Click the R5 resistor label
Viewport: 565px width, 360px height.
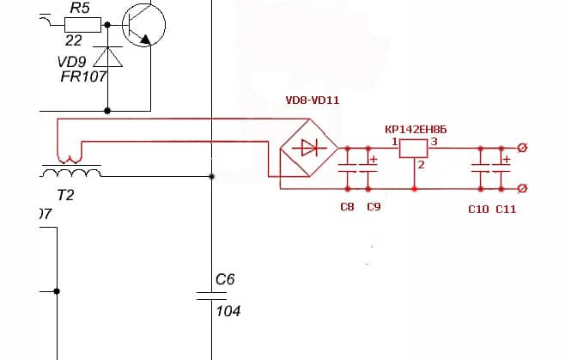pos(80,8)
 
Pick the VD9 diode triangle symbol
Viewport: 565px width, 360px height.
pos(107,58)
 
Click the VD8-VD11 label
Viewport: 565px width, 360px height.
pos(313,101)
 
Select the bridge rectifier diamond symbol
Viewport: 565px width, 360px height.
pos(309,149)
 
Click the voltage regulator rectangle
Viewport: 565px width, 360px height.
pos(415,149)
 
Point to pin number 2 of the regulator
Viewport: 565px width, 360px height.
pos(421,165)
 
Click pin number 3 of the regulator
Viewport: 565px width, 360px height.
pos(434,140)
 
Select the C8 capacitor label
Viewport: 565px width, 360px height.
pos(347,207)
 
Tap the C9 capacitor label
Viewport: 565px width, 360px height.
pos(374,207)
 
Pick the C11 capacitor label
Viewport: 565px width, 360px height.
pos(507,209)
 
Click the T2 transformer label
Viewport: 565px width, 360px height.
pos(65,195)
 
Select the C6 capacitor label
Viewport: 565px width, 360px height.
pos(225,279)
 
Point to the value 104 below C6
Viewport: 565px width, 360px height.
pos(228,311)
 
